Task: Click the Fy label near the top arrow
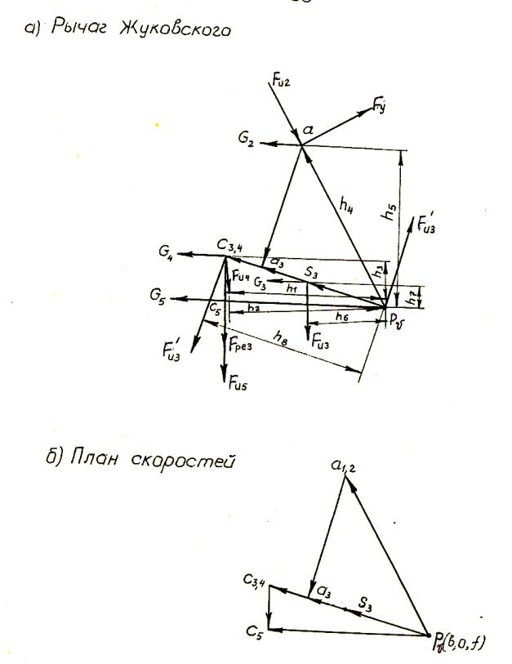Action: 378,104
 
